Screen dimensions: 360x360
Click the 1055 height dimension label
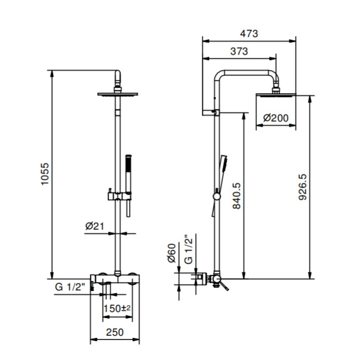(x=45, y=174)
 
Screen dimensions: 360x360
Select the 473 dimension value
(x=249, y=34)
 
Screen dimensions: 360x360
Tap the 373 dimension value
(x=239, y=51)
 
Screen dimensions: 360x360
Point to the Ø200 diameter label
(x=276, y=118)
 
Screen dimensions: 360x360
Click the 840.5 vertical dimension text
(x=237, y=196)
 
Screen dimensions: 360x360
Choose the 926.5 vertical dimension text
(x=302, y=187)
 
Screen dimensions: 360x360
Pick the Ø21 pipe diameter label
(x=95, y=227)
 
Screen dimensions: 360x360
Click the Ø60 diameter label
(x=171, y=253)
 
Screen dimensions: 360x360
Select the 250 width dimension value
(x=115, y=332)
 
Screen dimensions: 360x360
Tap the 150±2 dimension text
(x=117, y=308)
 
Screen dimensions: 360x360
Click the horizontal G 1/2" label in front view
(x=70, y=287)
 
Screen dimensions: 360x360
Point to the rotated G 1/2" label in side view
(x=188, y=249)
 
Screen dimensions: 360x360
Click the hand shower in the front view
(x=128, y=186)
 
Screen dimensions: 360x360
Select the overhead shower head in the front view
(x=117, y=94)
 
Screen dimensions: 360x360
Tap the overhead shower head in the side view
(x=276, y=95)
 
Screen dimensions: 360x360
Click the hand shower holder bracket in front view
(x=120, y=196)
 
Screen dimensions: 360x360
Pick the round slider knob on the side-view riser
(x=217, y=196)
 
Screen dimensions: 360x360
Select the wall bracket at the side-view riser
(x=211, y=112)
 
